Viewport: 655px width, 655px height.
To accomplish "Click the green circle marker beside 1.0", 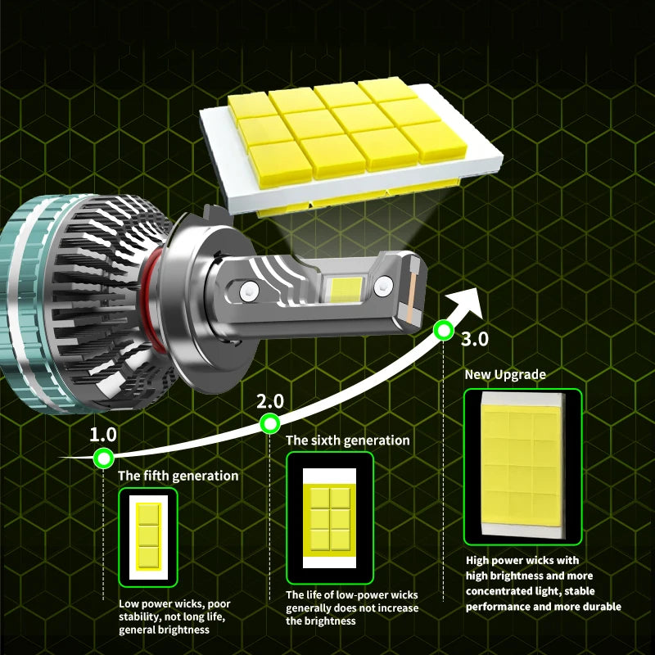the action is point(104,458).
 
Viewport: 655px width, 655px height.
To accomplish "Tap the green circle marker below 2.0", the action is point(270,423).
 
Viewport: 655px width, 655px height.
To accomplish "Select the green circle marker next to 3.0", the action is point(443,331).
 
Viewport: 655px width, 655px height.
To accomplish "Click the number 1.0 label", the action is point(103,435).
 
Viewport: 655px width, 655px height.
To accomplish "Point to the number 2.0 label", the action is point(270,402).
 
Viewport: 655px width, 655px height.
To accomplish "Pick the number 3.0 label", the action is point(475,339).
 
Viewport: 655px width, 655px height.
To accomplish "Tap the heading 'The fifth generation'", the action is point(178,476).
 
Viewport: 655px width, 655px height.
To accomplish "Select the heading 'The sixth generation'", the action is point(347,440).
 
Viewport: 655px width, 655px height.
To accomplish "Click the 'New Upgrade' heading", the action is point(505,374).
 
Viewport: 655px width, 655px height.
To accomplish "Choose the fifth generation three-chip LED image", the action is point(148,537).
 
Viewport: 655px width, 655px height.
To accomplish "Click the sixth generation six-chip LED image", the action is point(330,518).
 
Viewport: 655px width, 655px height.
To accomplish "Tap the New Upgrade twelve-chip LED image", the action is point(522,467).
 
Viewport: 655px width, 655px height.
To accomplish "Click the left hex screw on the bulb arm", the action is point(249,291).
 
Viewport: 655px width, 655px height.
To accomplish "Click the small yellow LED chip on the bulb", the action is point(346,289).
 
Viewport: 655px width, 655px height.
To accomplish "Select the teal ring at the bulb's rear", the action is point(25,305).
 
